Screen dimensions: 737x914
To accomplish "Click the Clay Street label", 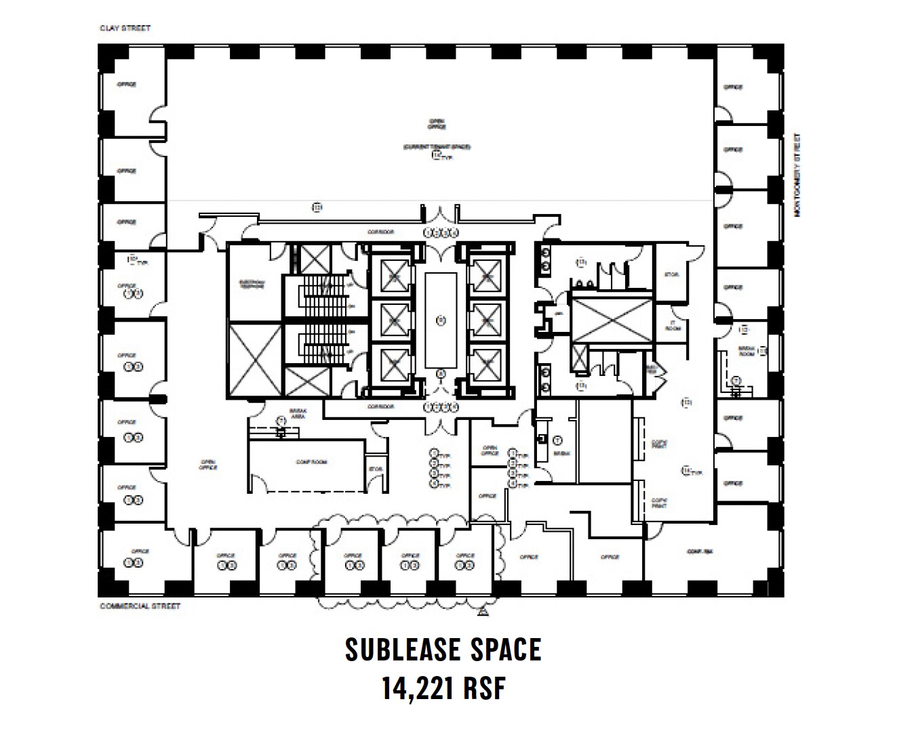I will coord(125,28).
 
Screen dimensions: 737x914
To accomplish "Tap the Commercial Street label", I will coord(140,606).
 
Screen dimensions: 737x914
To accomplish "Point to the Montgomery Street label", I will coord(797,175).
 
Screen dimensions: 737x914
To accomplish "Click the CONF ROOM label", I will coord(312,462).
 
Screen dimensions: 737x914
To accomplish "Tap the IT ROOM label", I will coord(672,325).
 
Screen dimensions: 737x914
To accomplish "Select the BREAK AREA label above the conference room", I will coord(298,414).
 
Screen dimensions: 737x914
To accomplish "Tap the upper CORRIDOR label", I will coord(380,232).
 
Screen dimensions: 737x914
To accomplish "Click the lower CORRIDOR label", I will coord(380,406).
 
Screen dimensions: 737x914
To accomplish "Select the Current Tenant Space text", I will coord(437,147).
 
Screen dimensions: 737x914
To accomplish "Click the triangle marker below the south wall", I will coord(482,613).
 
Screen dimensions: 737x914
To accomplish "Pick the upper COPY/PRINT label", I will coord(659,444).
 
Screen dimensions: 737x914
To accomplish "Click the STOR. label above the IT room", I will coord(671,274).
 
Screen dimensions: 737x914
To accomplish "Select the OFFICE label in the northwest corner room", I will coord(127,85).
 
